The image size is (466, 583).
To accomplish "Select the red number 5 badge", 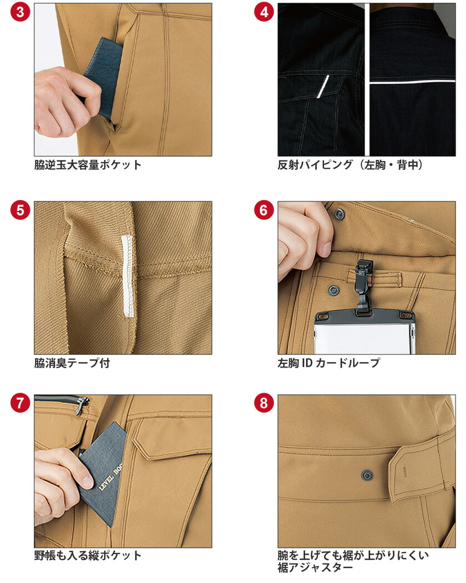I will click(21, 211).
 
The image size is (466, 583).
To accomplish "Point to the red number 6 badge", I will click(264, 211).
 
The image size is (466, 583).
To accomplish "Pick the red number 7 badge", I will click(21, 404).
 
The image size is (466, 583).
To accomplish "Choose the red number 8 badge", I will click(264, 404).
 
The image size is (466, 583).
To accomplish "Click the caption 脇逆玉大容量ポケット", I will click(88, 165).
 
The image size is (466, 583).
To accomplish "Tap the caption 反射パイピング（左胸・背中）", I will click(350, 165).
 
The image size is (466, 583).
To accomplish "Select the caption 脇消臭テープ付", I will click(72, 363).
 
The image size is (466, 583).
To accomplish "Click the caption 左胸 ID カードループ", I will click(329, 363).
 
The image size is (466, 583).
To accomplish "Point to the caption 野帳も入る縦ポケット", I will click(88, 555).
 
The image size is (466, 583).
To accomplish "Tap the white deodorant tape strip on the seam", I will click(128, 275).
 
